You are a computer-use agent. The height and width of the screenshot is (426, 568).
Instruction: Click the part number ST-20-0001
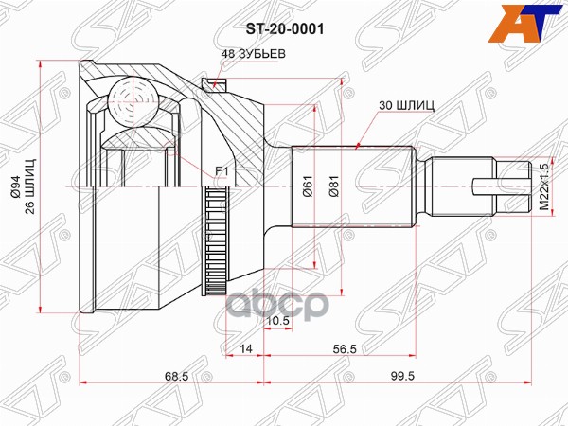pyautogui.click(x=285, y=29)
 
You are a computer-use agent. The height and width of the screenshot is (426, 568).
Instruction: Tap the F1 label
pyautogui.click(x=222, y=171)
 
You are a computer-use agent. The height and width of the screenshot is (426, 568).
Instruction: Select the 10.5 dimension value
pyautogui.click(x=278, y=322)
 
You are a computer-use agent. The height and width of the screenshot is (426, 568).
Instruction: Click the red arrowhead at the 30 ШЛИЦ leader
pyautogui.click(x=357, y=147)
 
